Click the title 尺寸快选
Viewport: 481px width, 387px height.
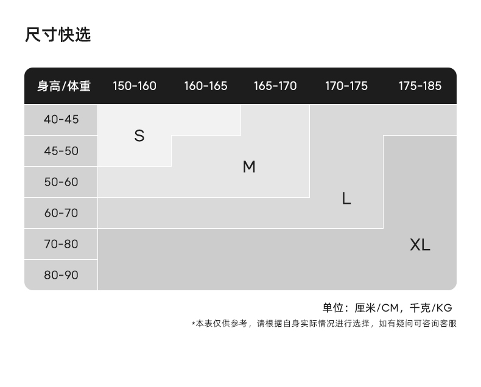click(58, 35)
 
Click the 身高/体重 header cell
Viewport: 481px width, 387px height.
click(63, 86)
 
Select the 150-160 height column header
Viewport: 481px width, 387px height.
click(135, 86)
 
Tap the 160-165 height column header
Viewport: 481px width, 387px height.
click(206, 86)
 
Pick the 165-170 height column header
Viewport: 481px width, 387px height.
click(275, 86)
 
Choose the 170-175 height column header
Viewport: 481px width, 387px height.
click(346, 86)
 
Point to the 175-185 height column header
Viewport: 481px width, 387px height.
click(420, 86)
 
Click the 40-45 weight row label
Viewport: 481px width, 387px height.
click(61, 119)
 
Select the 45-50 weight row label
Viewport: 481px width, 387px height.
click(61, 151)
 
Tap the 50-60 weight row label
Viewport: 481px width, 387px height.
click(61, 182)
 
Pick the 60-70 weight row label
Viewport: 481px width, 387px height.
click(61, 213)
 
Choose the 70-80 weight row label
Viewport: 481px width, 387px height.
click(61, 244)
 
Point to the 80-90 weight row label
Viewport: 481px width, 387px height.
click(61, 275)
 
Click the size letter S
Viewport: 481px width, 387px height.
click(139, 136)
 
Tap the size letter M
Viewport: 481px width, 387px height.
click(249, 167)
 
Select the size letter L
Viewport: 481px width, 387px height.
click(346, 198)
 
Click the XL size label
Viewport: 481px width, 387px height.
click(420, 245)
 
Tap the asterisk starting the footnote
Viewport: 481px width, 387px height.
click(193, 324)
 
